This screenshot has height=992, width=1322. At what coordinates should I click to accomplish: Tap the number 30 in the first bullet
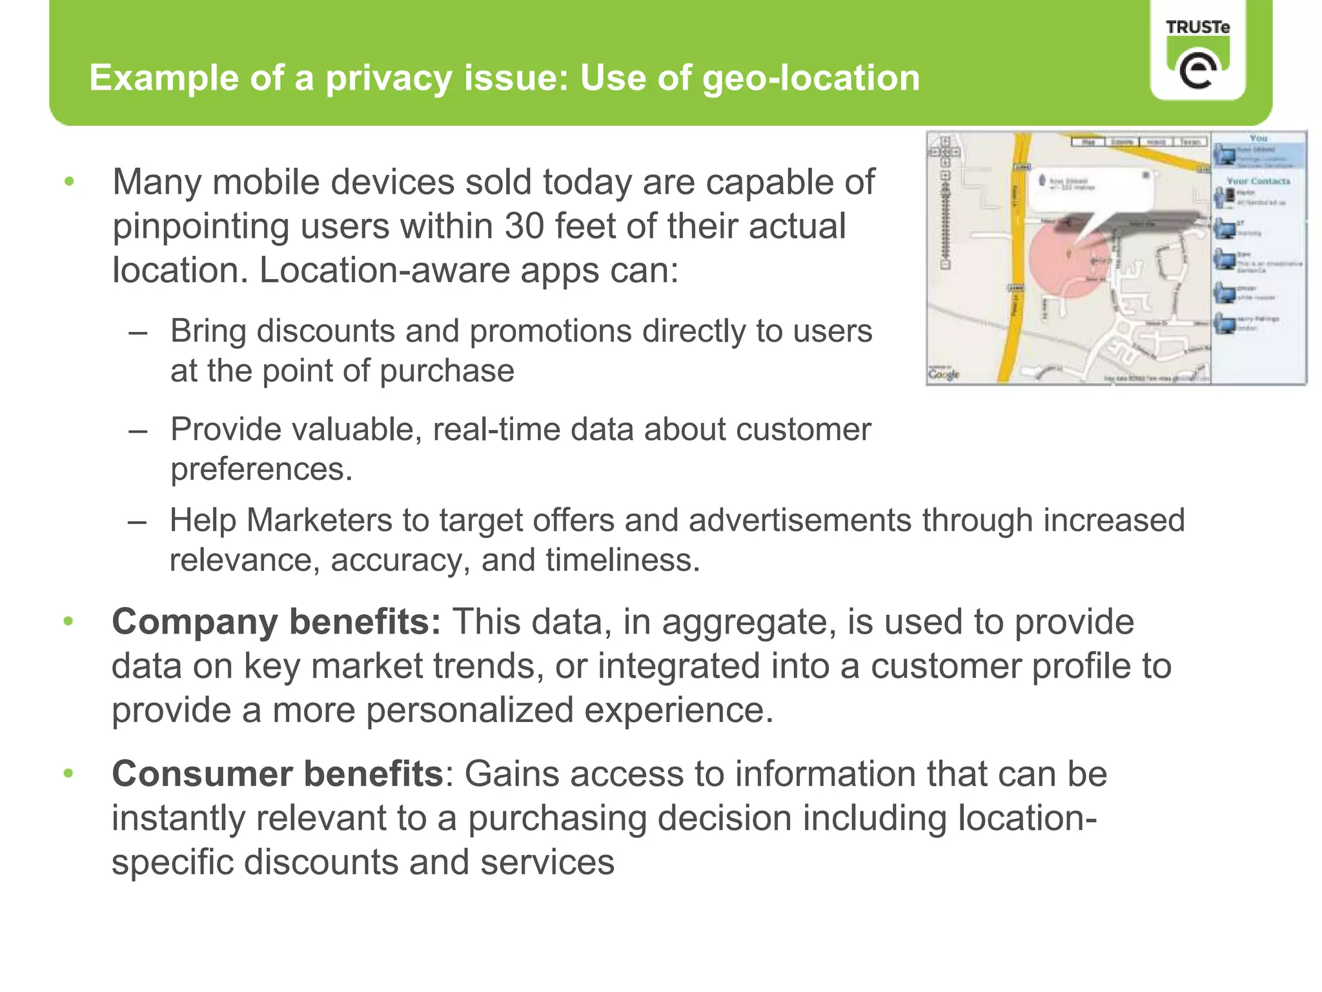pyautogui.click(x=524, y=227)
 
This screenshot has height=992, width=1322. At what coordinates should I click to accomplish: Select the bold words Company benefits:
pyautogui.click(x=276, y=622)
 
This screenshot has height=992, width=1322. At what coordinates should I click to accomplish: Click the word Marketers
pyautogui.click(x=319, y=521)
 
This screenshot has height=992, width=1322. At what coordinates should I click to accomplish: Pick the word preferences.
pyautogui.click(x=261, y=470)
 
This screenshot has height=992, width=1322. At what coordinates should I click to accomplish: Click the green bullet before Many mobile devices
pyautogui.click(x=70, y=181)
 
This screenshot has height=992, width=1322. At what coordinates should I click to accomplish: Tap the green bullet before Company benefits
pyautogui.click(x=69, y=622)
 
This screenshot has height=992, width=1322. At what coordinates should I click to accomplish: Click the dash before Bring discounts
pyautogui.click(x=137, y=333)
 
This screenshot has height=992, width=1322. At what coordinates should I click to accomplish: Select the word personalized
pyautogui.click(x=470, y=710)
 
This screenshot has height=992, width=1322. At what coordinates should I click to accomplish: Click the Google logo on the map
pyautogui.click(x=944, y=374)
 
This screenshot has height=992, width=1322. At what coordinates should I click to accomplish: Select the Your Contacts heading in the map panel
pyautogui.click(x=1258, y=181)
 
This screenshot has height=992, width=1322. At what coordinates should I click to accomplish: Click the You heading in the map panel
pyautogui.click(x=1258, y=138)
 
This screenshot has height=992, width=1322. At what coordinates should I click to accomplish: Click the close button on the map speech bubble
pyautogui.click(x=1146, y=175)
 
